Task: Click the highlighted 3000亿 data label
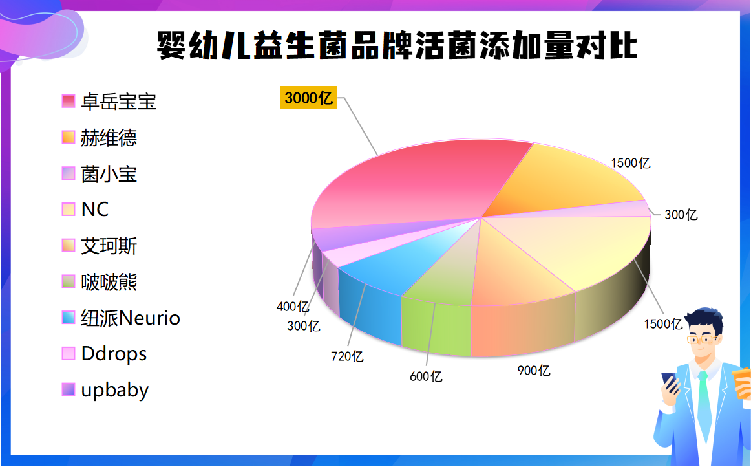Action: [309, 98]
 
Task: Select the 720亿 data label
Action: [347, 356]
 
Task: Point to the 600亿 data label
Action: [426, 376]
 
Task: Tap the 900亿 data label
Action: [534, 371]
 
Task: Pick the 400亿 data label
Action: [293, 306]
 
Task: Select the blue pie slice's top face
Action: [402, 261]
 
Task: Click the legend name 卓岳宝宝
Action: [118, 102]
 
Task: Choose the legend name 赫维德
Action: [109, 138]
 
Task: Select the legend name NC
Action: [95, 210]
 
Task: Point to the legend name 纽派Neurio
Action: [131, 318]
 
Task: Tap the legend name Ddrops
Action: [114, 354]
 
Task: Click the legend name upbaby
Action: [115, 390]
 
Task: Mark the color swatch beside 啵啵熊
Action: [69, 281]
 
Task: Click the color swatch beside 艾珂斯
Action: [69, 246]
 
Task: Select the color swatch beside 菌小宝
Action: [69, 173]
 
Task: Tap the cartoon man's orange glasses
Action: [702, 339]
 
